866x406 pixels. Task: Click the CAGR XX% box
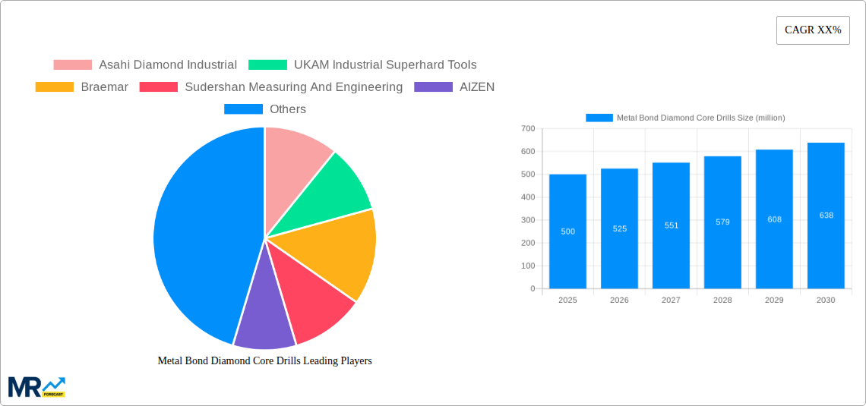click(x=813, y=30)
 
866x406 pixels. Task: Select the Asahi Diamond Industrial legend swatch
click(x=72, y=65)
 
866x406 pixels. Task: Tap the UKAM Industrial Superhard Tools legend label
click(x=385, y=65)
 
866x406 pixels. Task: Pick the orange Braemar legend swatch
click(x=54, y=87)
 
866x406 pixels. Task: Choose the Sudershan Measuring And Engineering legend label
click(x=293, y=87)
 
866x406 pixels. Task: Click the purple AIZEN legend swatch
click(x=432, y=87)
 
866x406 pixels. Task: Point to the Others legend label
click(x=288, y=109)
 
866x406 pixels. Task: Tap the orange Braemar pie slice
click(x=338, y=250)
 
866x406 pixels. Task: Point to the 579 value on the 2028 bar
click(x=722, y=222)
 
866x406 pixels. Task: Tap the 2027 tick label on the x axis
click(x=671, y=301)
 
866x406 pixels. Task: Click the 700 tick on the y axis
click(x=528, y=129)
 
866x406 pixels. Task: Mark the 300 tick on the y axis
click(x=528, y=220)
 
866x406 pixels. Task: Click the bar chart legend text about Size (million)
click(x=700, y=118)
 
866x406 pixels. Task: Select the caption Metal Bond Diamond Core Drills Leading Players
click(x=264, y=361)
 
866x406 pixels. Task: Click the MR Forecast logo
click(x=36, y=386)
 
